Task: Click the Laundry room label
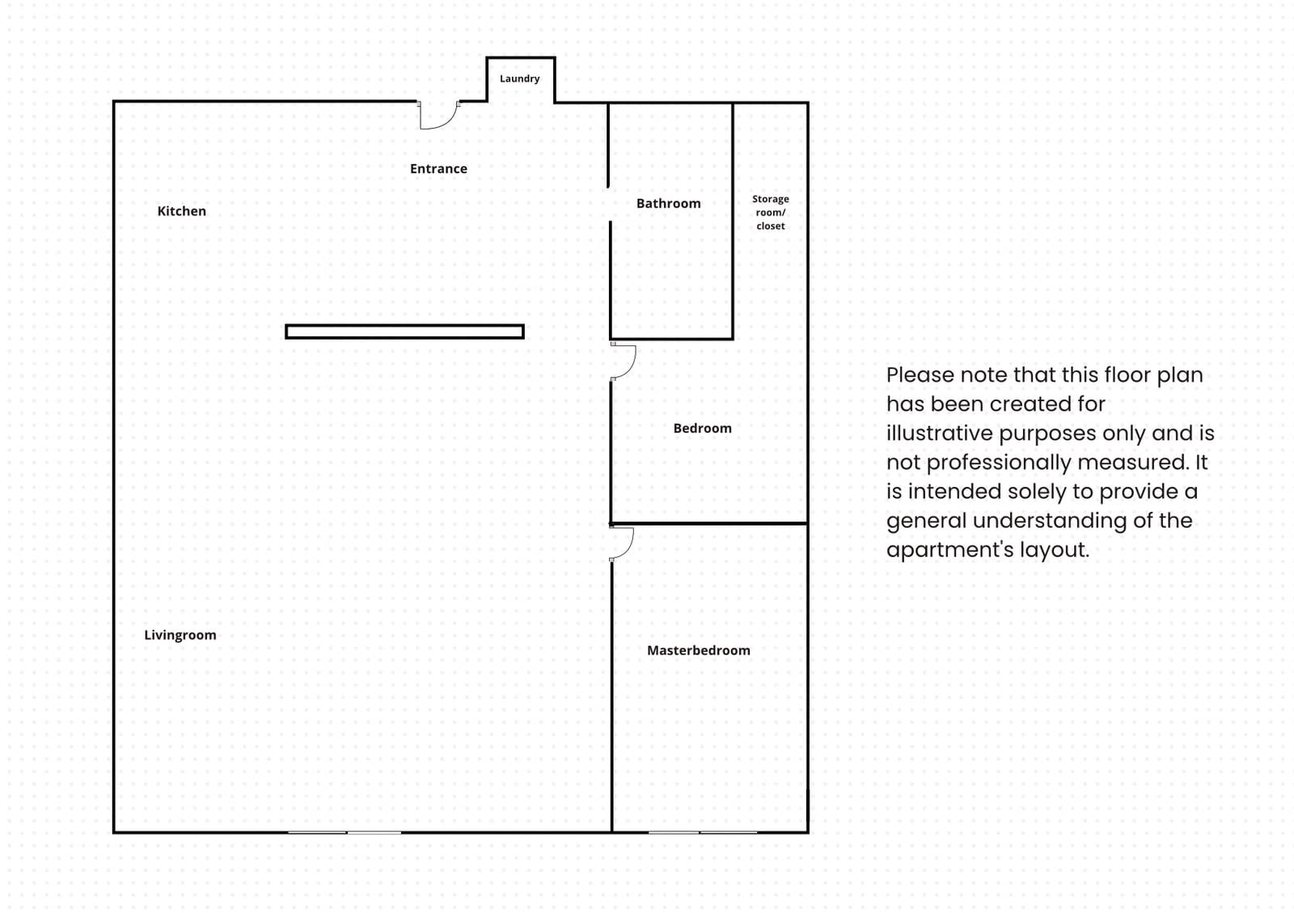[x=519, y=78]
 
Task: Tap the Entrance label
[x=438, y=169]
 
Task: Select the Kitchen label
[x=181, y=211]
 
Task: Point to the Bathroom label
[x=668, y=204]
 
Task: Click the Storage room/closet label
[x=770, y=213]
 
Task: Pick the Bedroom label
[x=702, y=429]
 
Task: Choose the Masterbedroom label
[x=698, y=650]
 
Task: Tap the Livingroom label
[x=180, y=635]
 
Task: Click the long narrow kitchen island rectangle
[x=404, y=332]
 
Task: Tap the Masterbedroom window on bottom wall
[x=702, y=831]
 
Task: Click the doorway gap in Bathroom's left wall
[x=609, y=204]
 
